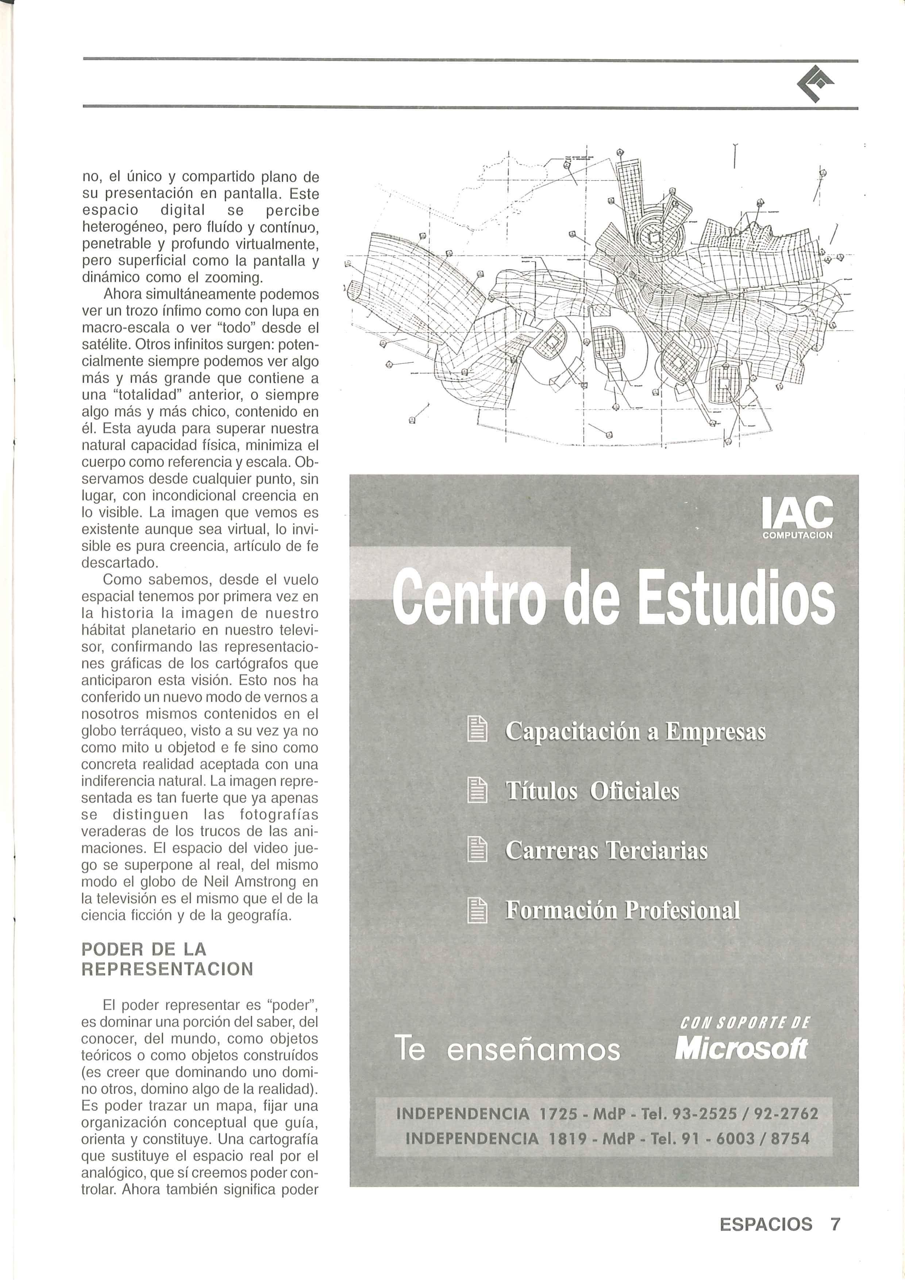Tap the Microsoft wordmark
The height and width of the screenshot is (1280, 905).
[x=740, y=1049]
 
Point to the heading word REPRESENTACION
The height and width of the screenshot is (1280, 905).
[x=167, y=969]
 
